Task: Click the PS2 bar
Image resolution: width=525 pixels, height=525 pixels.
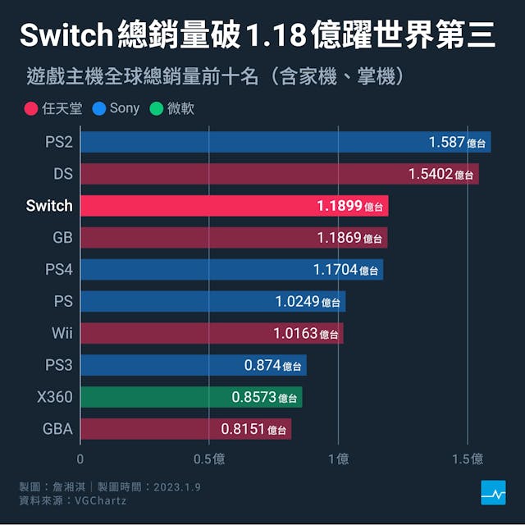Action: [x=285, y=142]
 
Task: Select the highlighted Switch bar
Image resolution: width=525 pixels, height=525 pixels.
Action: [x=235, y=206]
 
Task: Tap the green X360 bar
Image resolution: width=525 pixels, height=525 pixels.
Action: [x=191, y=398]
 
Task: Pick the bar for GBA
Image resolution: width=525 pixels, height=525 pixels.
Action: [x=185, y=429]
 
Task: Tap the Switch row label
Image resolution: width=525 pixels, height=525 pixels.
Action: [x=49, y=206]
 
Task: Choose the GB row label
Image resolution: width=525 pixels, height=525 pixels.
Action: [x=62, y=238]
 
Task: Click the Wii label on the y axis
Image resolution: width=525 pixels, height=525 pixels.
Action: [x=62, y=334]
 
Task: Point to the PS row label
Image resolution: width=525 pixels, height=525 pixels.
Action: [x=63, y=302]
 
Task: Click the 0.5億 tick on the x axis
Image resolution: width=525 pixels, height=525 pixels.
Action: [x=208, y=459]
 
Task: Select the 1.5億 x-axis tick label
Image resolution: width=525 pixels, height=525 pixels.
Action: [x=467, y=459]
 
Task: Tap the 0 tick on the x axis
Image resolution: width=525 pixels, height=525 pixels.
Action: [x=80, y=459]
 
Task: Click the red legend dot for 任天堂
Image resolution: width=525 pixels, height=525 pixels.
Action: [x=31, y=108]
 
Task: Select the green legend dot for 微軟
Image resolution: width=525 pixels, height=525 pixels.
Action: [x=157, y=108]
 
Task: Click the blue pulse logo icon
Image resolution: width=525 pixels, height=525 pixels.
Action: [x=493, y=492]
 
